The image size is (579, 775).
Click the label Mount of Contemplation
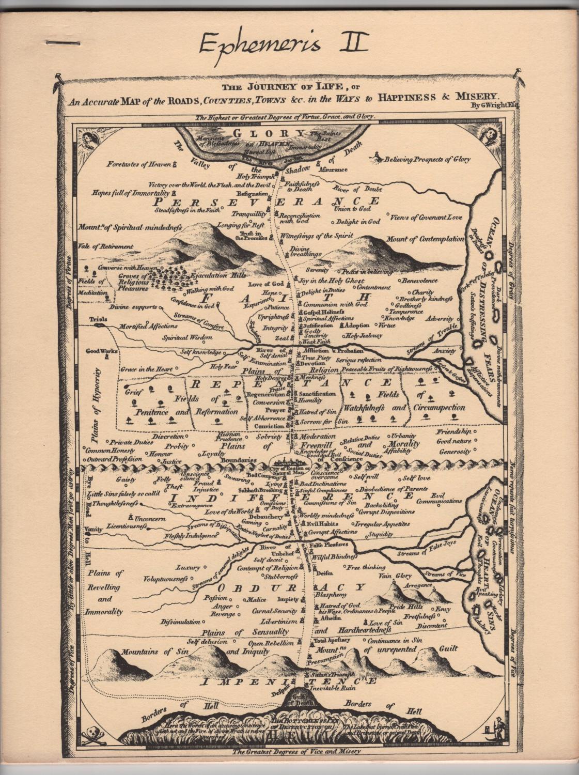(425, 239)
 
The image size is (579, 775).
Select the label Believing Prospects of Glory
(427, 160)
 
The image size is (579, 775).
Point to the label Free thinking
(366, 567)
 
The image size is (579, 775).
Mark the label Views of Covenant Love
(426, 218)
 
